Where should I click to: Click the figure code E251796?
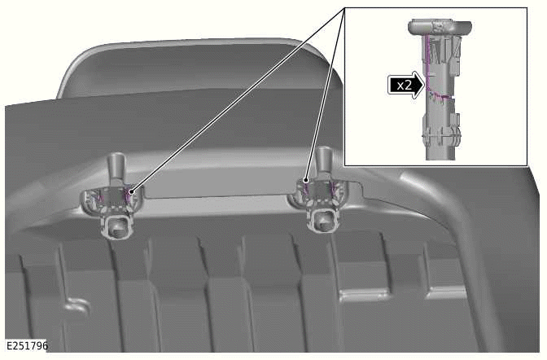(26, 346)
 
